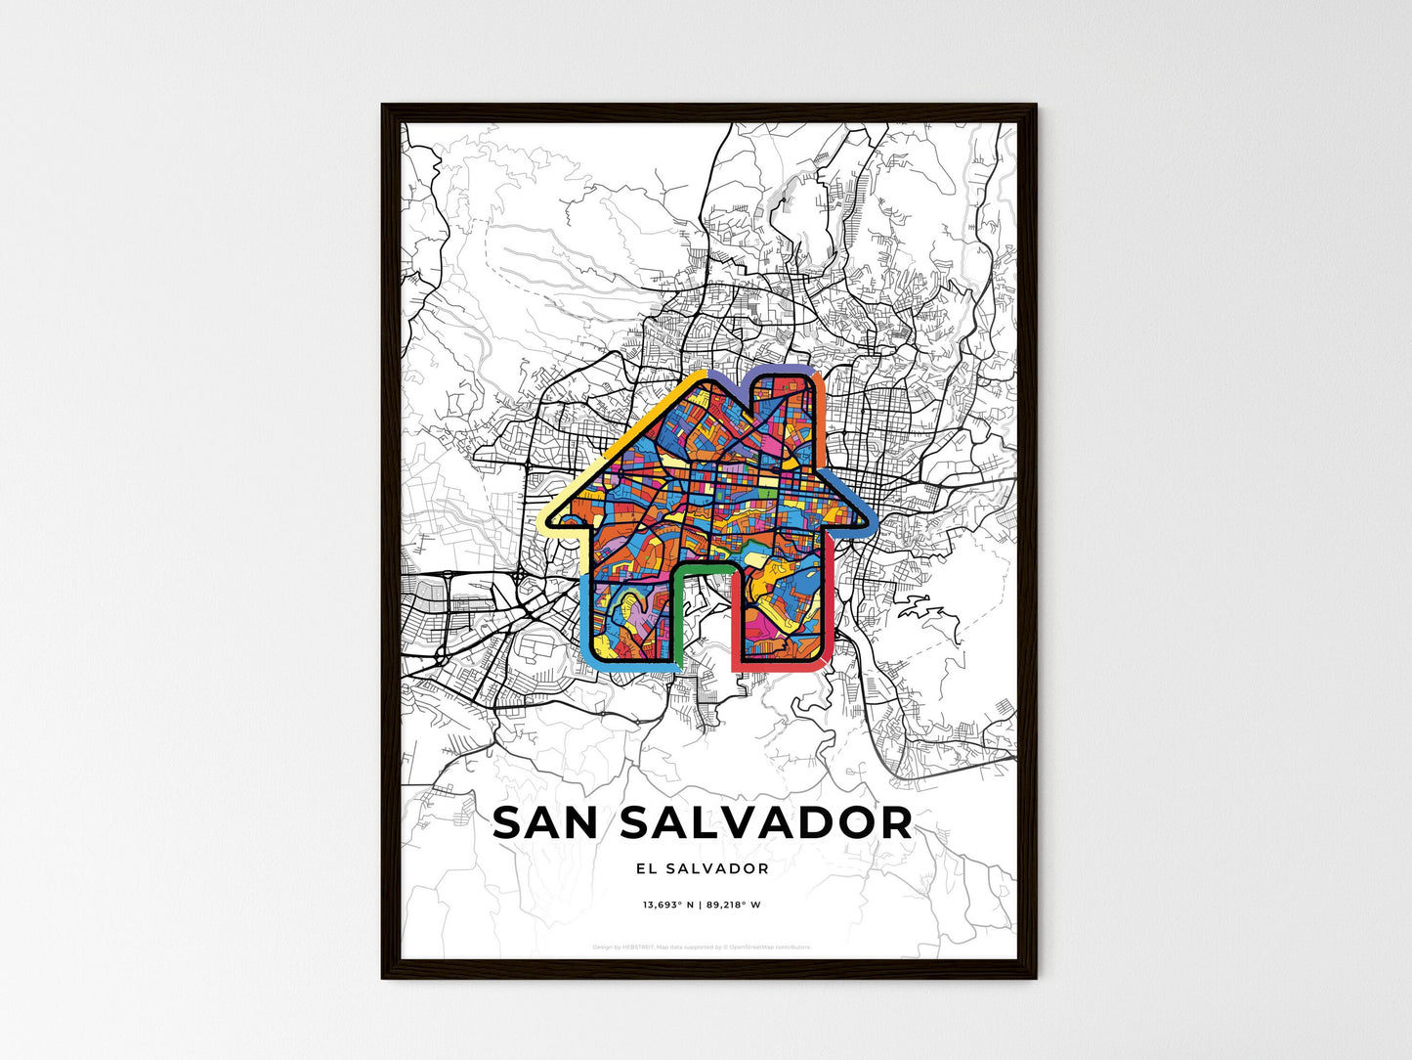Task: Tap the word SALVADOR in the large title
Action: (766, 823)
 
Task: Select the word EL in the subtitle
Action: (644, 868)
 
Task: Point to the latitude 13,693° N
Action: (667, 905)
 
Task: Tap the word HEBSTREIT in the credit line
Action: (639, 947)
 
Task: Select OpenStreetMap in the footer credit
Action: (756, 947)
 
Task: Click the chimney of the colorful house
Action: (782, 401)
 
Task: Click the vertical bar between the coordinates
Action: (700, 905)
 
